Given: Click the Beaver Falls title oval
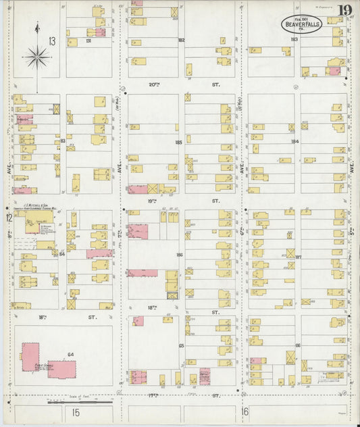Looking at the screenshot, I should [301, 24].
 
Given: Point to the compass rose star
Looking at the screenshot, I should [37, 57].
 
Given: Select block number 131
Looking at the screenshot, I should [88, 41].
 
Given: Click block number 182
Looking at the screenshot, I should [181, 41].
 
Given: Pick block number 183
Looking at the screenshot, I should [294, 41].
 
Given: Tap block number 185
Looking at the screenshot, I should [178, 143].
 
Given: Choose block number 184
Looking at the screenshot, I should [294, 141].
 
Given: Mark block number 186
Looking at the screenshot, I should [179, 255].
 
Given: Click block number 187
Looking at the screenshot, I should [297, 257].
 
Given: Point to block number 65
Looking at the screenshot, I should [181, 345].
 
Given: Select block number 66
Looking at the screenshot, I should [297, 345].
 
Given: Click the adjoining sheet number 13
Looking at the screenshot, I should [52, 42].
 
